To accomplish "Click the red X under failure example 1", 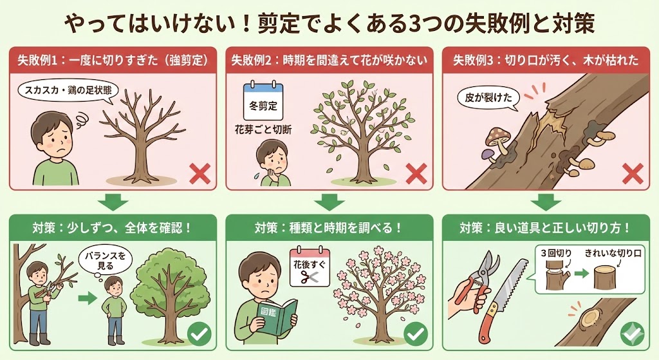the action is click(x=200, y=174).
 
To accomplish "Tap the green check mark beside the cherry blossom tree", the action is click(x=416, y=334).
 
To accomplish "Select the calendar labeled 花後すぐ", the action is click(x=310, y=267).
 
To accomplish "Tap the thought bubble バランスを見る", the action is click(x=105, y=261).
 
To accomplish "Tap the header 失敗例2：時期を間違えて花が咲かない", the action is click(x=329, y=60).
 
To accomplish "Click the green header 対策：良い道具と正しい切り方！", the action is click(x=545, y=228).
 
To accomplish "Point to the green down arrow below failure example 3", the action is click(x=546, y=202).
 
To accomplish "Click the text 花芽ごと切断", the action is click(x=263, y=129).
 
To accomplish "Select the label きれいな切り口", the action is click(x=613, y=253).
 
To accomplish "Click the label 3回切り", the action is click(x=556, y=253).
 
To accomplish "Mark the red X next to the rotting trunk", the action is click(x=633, y=174).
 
